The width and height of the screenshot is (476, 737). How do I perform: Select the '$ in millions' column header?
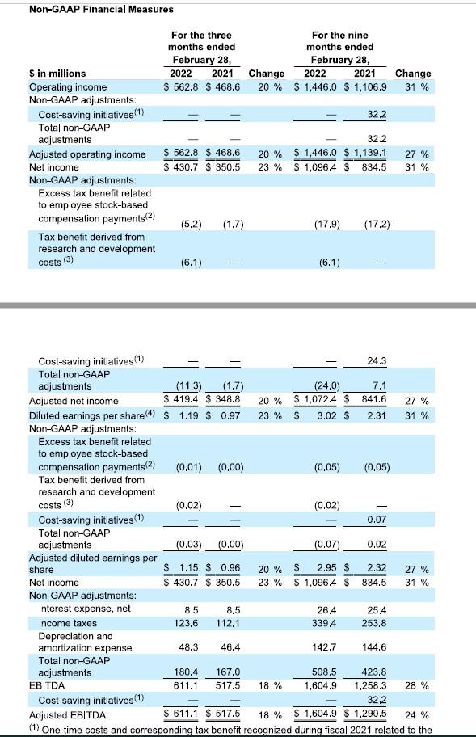(x=57, y=74)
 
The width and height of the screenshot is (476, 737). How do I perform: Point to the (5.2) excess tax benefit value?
(x=188, y=223)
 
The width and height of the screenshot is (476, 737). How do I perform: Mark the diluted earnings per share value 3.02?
(x=325, y=415)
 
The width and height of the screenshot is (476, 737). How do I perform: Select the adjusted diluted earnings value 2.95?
(x=325, y=569)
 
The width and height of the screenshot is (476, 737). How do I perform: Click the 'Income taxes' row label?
(x=68, y=623)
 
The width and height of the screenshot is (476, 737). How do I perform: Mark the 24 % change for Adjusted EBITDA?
(x=416, y=715)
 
